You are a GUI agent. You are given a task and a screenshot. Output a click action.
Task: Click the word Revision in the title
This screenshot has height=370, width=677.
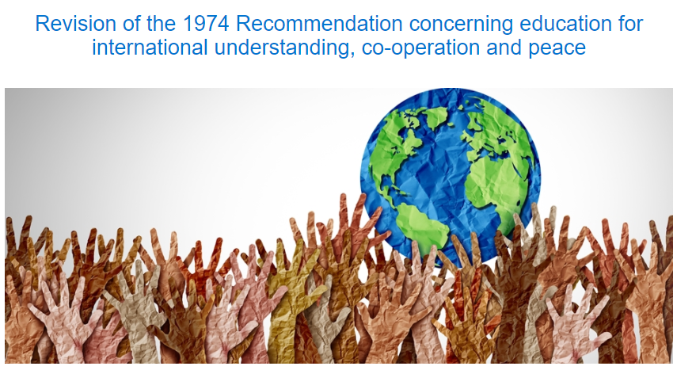pos(69,23)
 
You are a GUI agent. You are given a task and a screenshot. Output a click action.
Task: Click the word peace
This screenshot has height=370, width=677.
pos(557,48)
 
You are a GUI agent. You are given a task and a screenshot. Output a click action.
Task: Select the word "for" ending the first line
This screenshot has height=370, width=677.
pos(629,23)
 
